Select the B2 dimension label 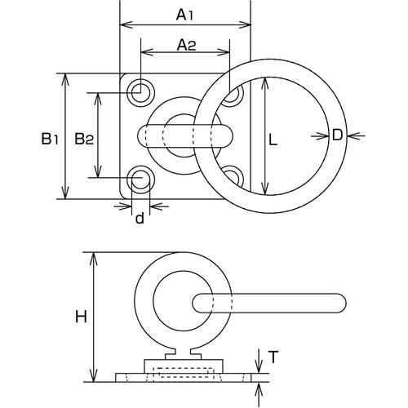click(x=84, y=139)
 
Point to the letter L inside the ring click(x=274, y=140)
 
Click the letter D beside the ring click(x=336, y=135)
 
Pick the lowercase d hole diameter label click(x=140, y=218)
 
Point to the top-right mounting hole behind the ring click(x=234, y=93)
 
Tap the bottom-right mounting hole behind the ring click(x=233, y=175)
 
